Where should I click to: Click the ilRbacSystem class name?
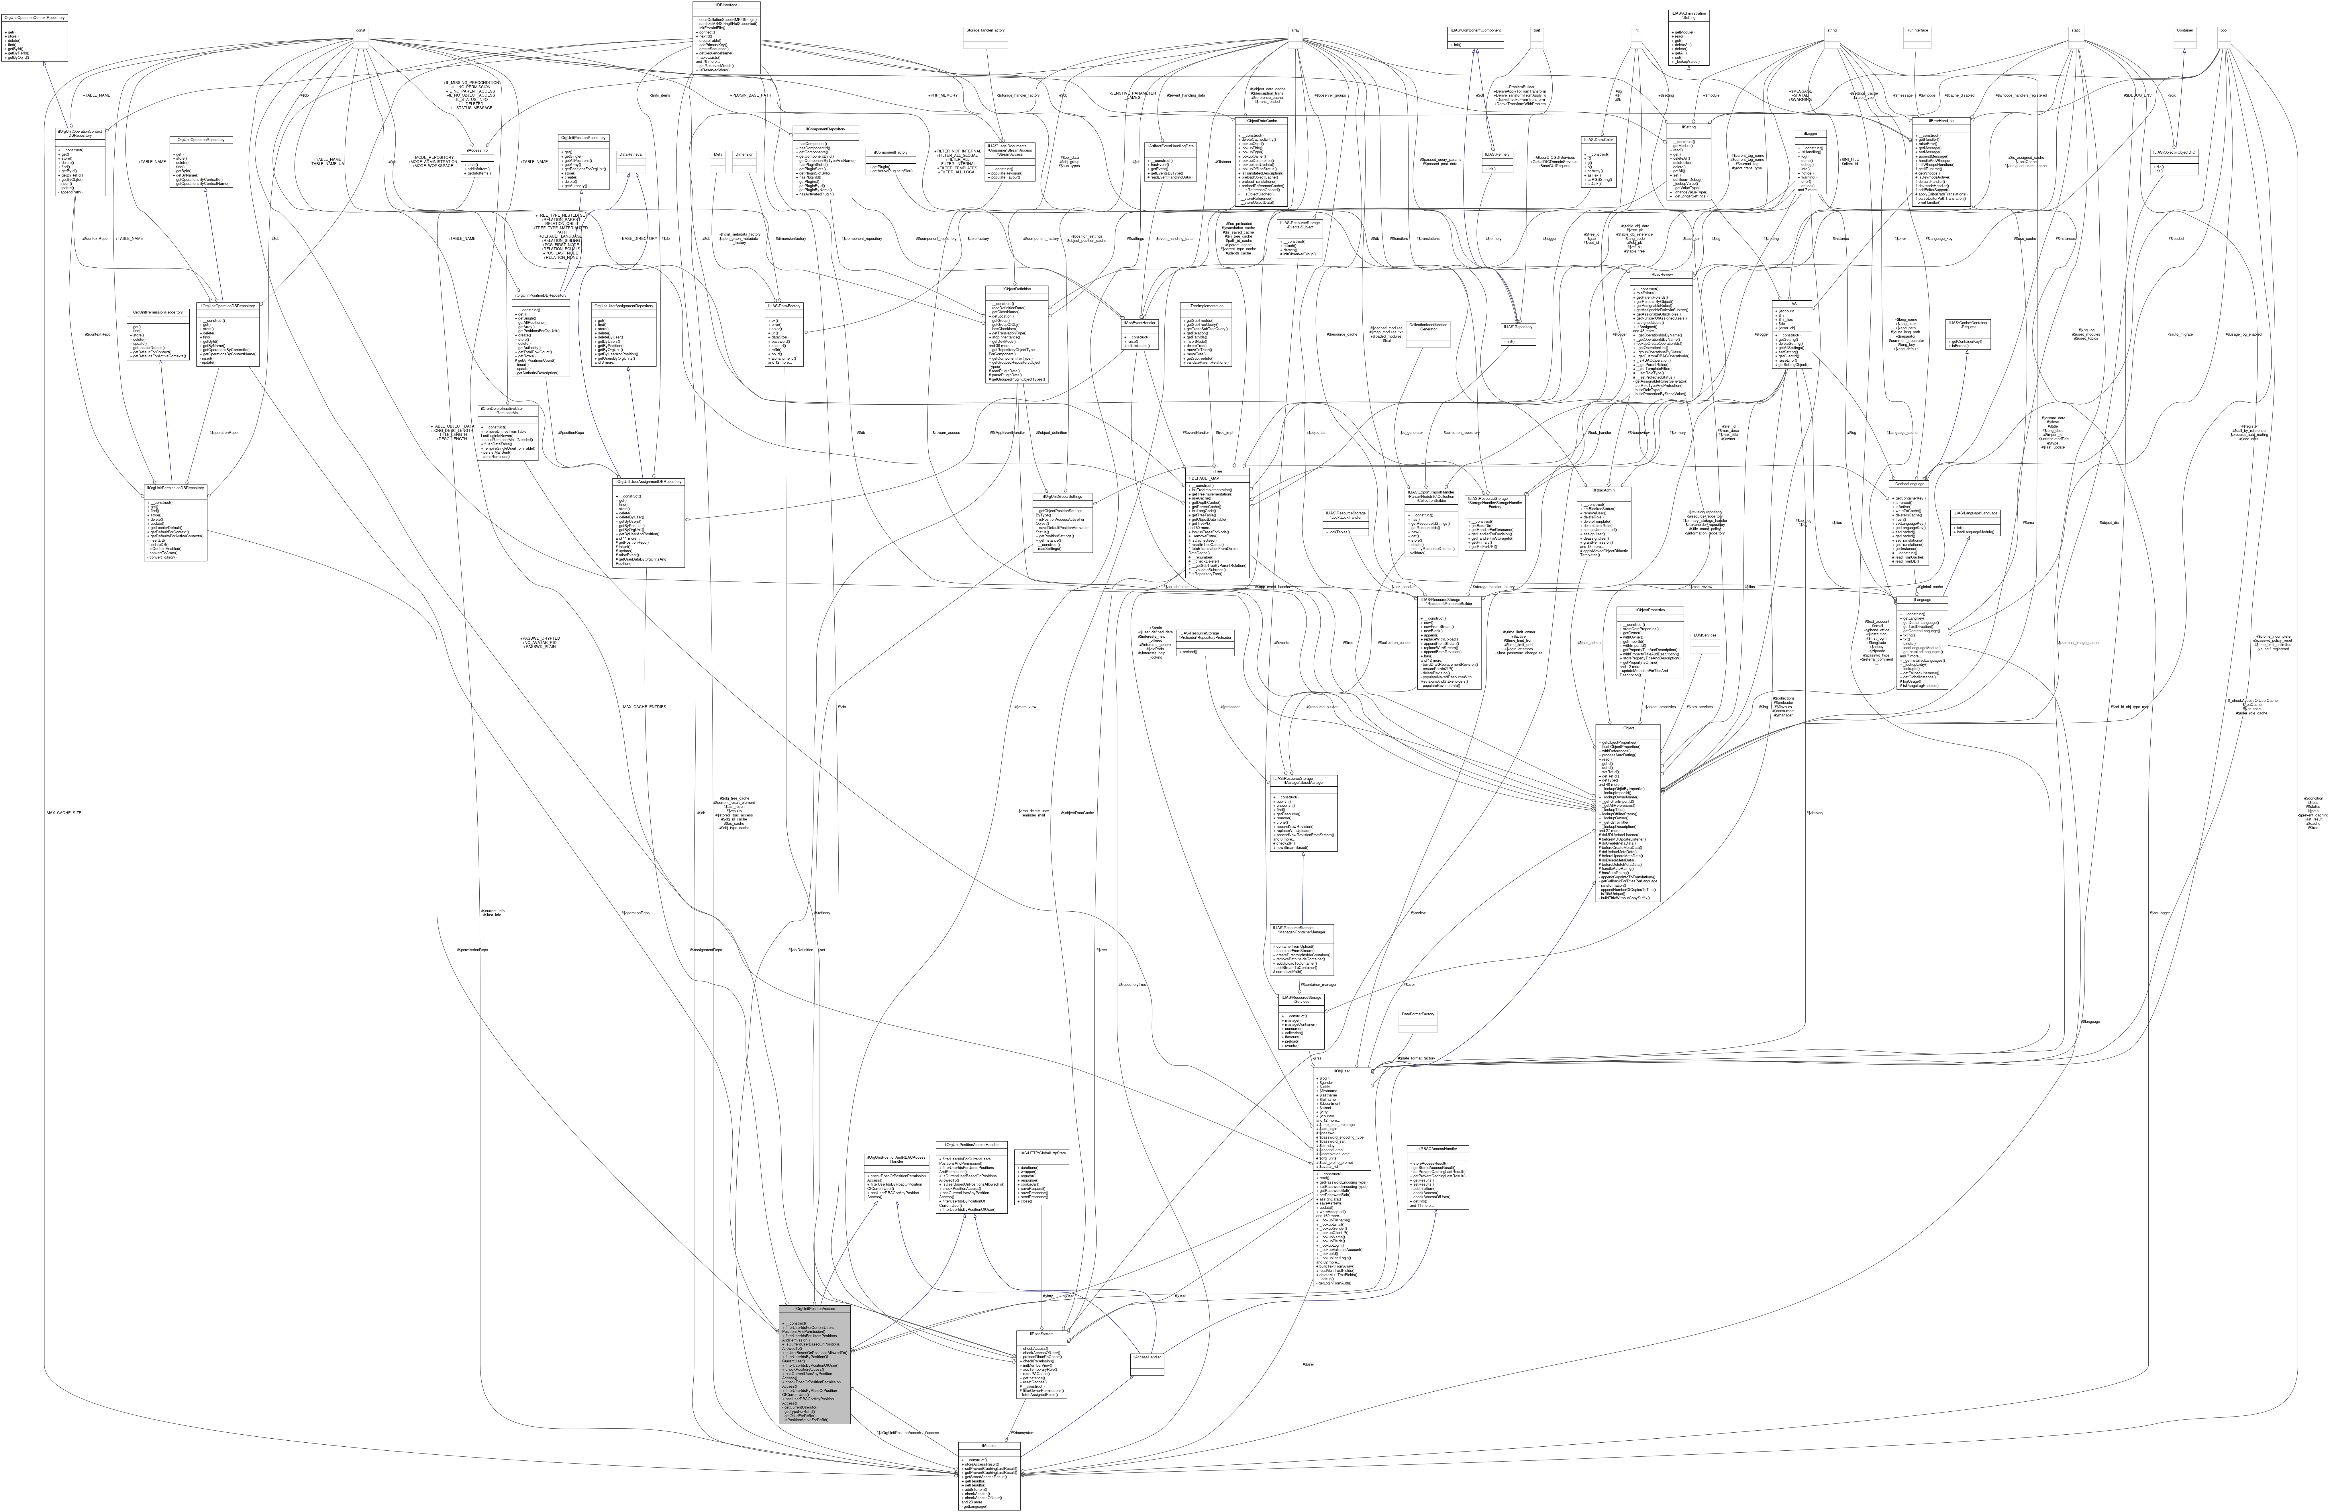1041,1333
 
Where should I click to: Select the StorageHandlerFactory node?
985,30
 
